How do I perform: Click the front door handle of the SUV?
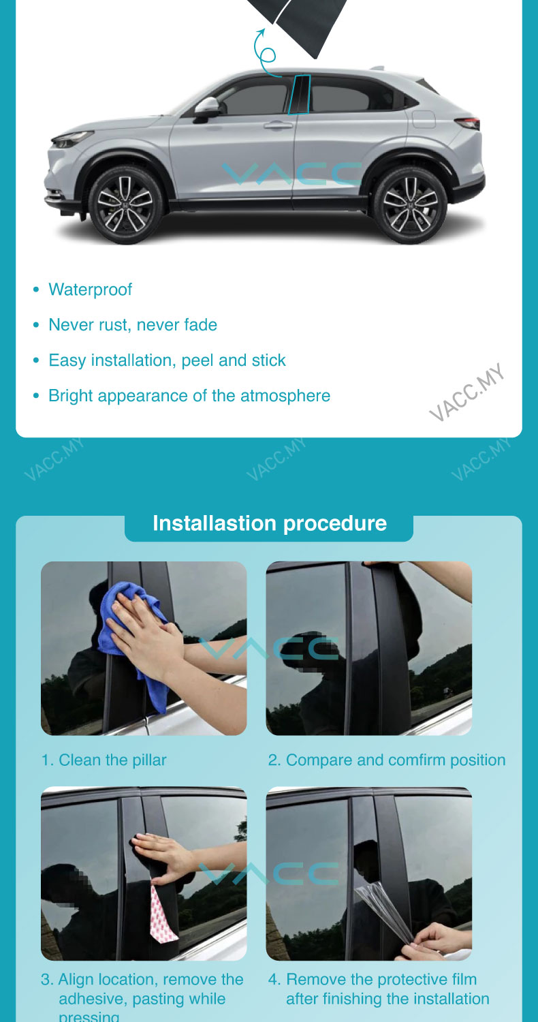click(x=278, y=124)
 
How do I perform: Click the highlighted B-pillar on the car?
click(x=299, y=95)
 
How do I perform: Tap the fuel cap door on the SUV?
click(x=424, y=119)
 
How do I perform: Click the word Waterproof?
click(x=91, y=290)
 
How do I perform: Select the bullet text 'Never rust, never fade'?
click(x=133, y=325)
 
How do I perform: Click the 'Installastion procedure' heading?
click(x=270, y=523)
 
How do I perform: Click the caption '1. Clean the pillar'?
click(x=104, y=760)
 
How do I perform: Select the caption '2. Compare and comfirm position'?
click(x=387, y=760)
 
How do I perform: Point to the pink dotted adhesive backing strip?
click(x=163, y=915)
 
